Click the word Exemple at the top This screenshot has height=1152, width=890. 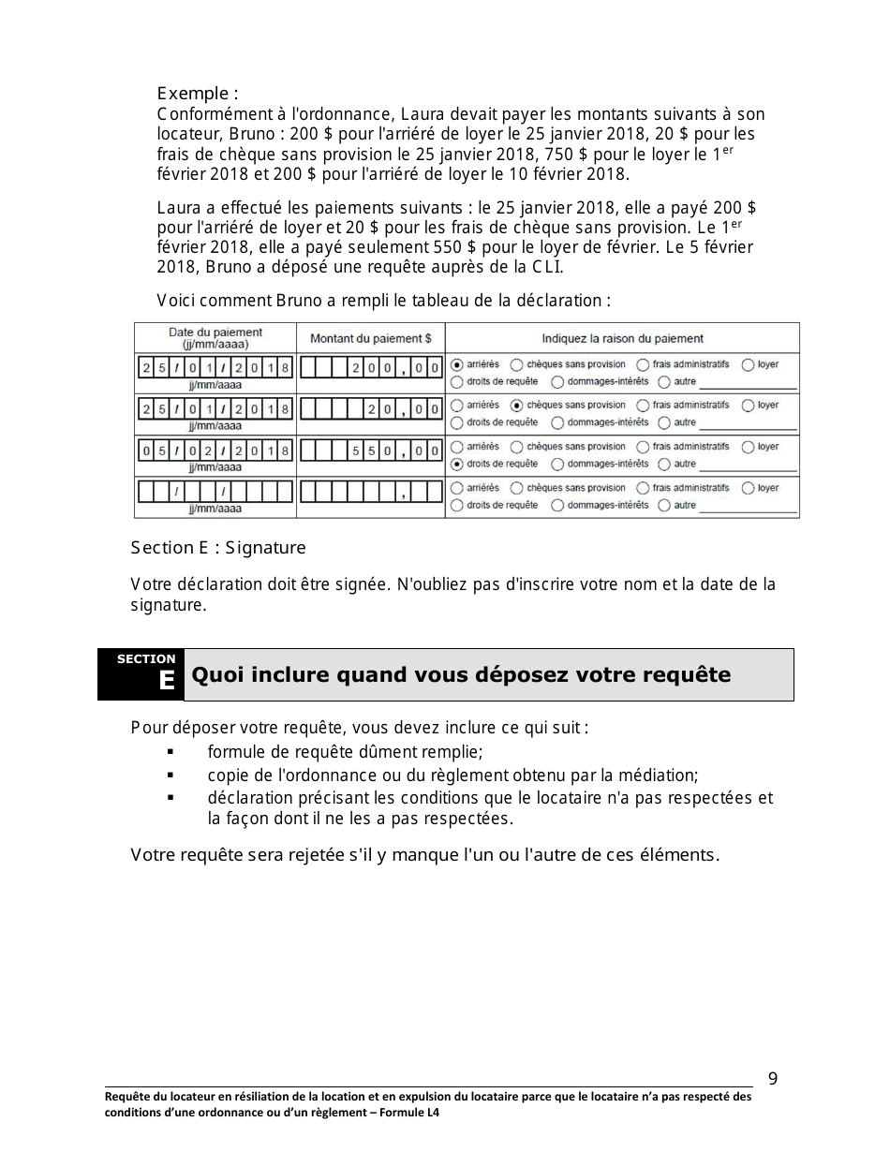(193, 94)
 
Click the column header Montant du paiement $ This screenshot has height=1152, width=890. (370, 338)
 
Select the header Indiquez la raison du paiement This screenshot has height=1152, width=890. (622, 338)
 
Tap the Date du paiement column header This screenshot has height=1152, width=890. (215, 338)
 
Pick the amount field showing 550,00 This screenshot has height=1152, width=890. (371, 450)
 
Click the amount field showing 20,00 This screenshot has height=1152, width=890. (371, 409)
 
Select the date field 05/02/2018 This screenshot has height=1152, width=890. (215, 450)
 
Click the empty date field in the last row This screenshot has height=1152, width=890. (215, 492)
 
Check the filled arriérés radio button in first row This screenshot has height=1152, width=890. (456, 364)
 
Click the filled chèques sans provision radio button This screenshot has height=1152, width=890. (516, 406)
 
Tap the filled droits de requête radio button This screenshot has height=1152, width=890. (456, 464)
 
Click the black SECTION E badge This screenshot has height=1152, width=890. (141, 674)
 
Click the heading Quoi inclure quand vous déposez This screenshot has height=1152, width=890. (461, 675)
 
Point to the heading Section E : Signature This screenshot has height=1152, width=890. (218, 548)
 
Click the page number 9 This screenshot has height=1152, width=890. (773, 1078)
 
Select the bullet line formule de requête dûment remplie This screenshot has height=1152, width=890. (345, 752)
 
